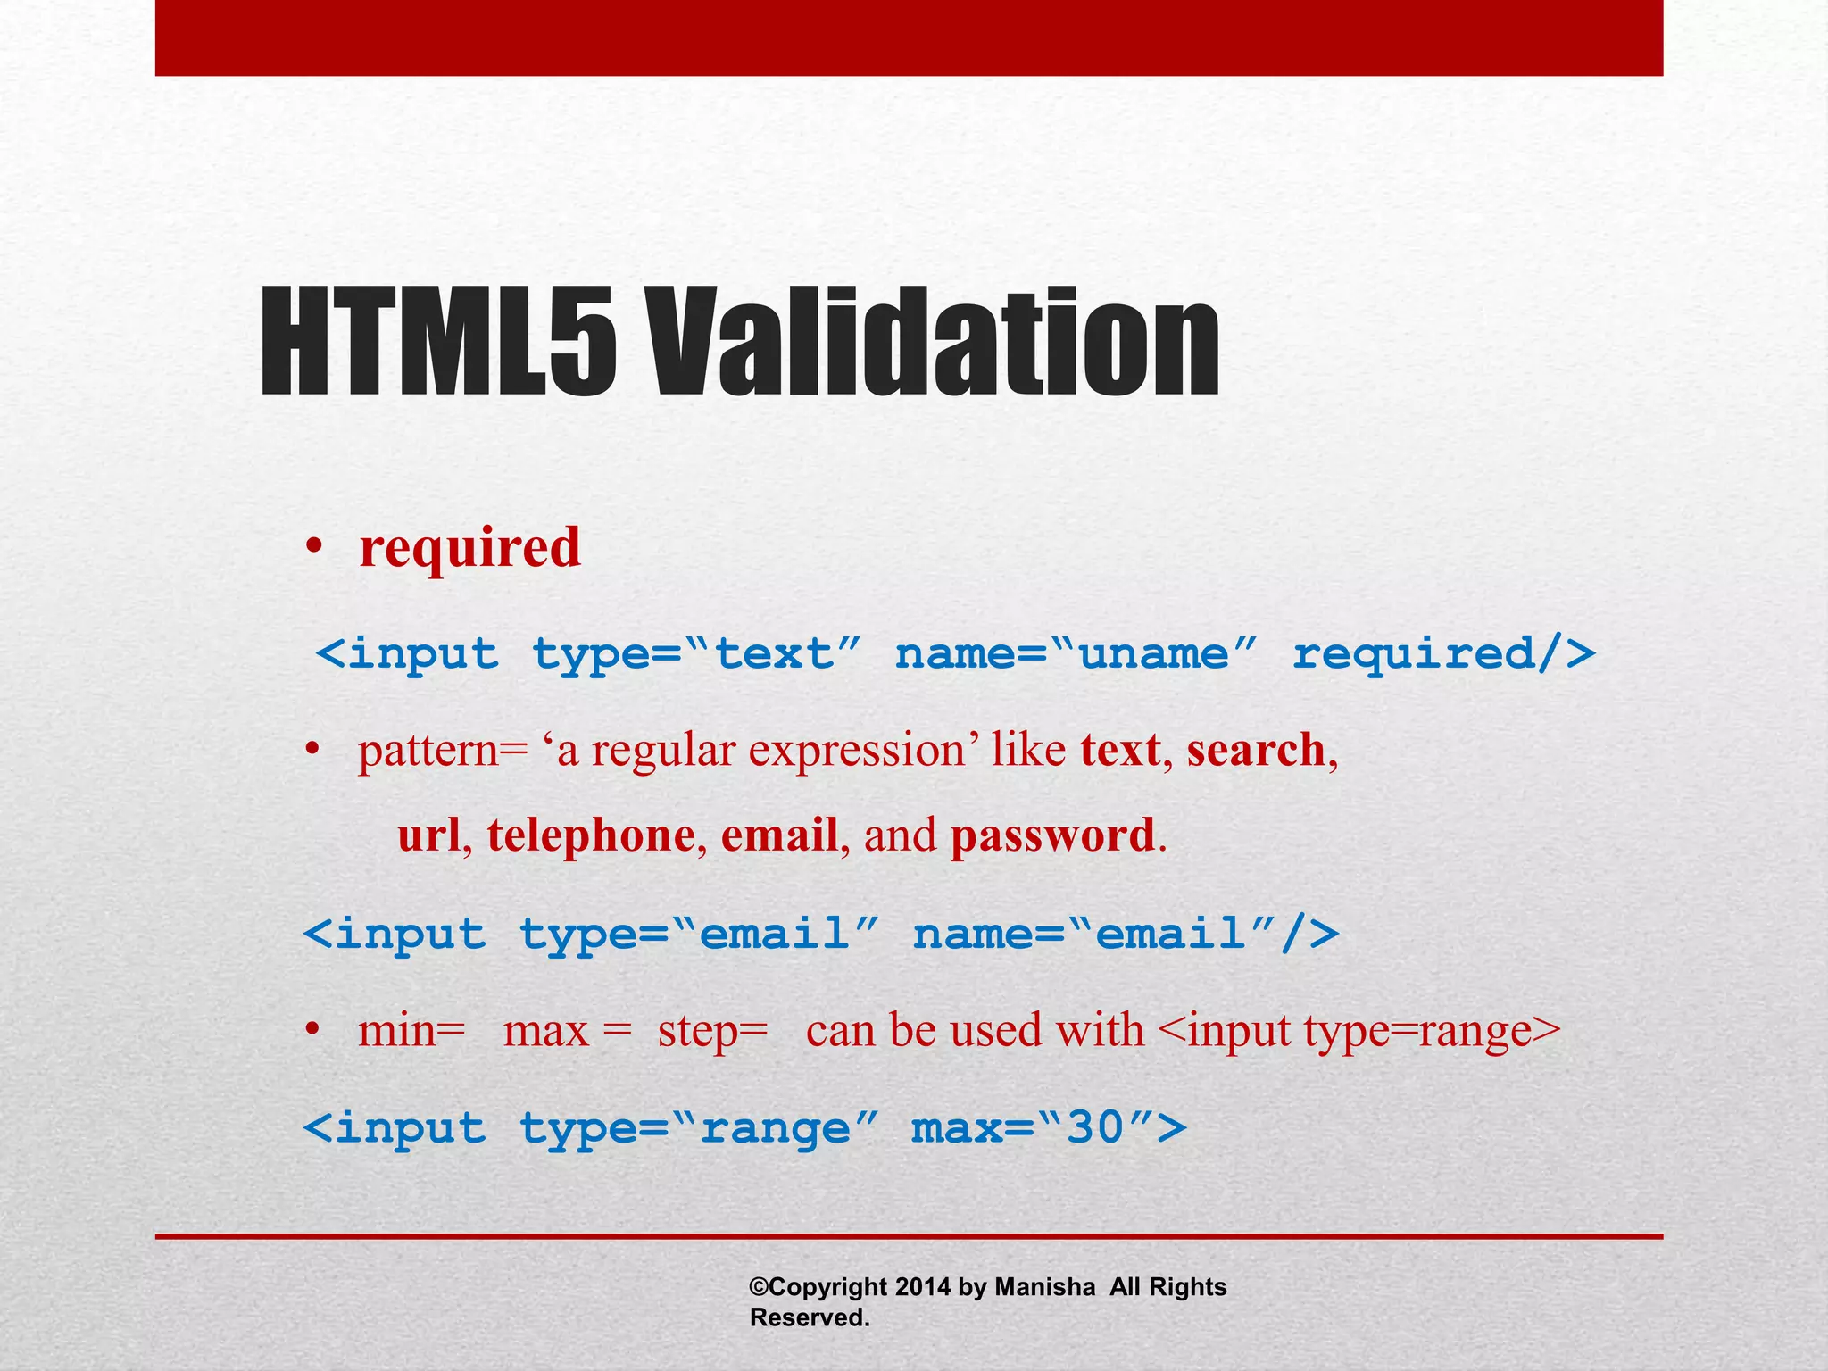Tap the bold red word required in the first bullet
[x=469, y=548]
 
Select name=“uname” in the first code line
[x=1076, y=653]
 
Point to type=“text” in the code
[x=697, y=653]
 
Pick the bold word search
[x=1256, y=750]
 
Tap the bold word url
[x=428, y=835]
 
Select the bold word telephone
[x=591, y=836]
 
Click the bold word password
[x=1052, y=837]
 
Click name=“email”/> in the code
[x=1126, y=935]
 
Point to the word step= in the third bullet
[x=712, y=1032]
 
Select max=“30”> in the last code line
[x=1049, y=1128]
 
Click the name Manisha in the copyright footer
[x=1044, y=1287]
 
